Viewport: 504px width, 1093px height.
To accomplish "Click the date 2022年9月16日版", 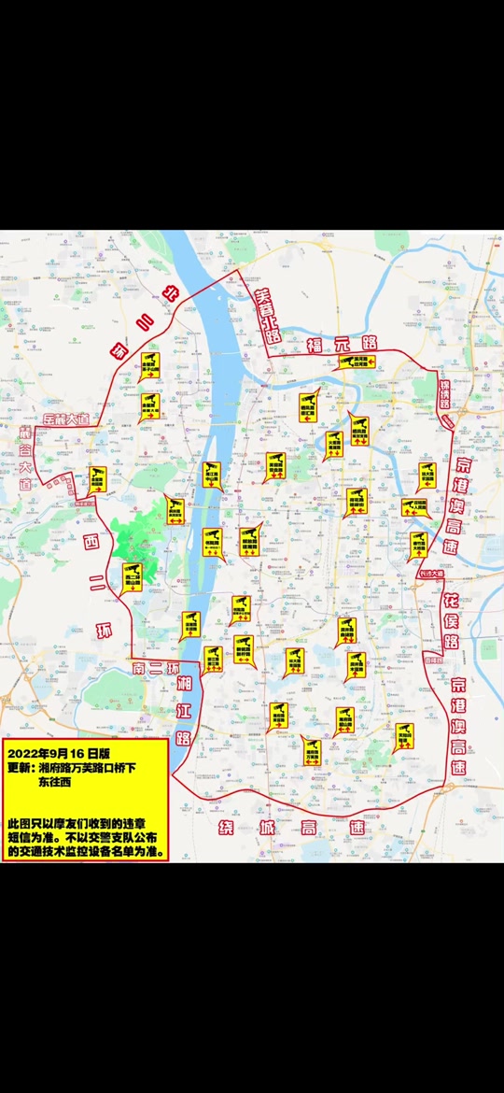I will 58,751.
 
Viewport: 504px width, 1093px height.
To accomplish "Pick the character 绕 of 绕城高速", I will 227,828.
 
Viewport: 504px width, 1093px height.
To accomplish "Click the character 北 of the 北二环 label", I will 170,296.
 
